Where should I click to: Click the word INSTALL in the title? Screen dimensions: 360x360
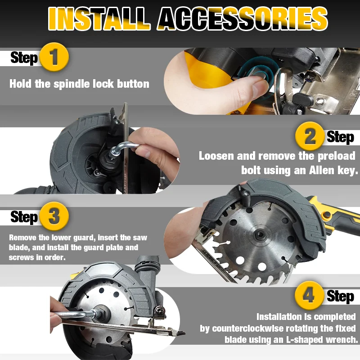pos(99,19)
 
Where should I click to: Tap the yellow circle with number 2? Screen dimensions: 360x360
pos(310,136)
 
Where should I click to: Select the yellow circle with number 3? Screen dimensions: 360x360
pos(54,216)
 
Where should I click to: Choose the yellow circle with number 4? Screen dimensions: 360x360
pos(310,295)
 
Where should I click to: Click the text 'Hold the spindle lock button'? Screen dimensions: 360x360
pos(79,84)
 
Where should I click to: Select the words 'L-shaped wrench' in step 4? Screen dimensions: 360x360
pos(323,339)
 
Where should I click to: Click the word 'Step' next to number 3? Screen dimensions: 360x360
pos(23,217)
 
